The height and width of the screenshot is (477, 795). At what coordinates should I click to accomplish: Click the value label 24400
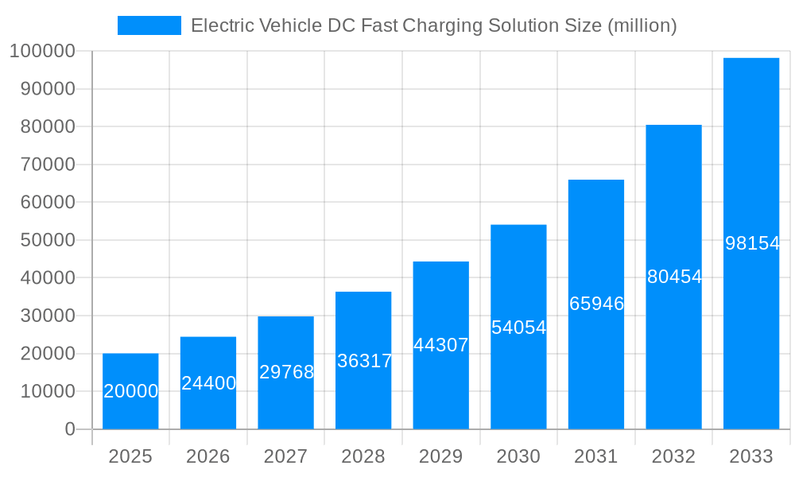(208, 383)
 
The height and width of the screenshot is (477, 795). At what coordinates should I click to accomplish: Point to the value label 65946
(596, 304)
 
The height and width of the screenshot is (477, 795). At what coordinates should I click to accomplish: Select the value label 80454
(674, 277)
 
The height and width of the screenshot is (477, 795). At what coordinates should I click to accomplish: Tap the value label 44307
(441, 345)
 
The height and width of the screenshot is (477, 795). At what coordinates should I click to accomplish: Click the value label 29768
(286, 372)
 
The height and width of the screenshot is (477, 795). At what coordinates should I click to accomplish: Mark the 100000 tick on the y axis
(41, 52)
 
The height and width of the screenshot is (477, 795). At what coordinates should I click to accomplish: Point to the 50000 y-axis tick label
(46, 240)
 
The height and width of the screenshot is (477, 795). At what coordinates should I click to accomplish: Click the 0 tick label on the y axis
(70, 429)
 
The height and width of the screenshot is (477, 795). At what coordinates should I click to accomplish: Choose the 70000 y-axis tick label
(46, 165)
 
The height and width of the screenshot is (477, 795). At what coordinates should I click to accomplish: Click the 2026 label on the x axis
(208, 456)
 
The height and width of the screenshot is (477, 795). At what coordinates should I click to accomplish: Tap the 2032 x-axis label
(673, 456)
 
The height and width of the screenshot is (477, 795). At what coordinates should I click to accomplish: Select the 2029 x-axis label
(440, 456)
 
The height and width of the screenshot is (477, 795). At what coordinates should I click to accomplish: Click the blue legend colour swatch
(149, 25)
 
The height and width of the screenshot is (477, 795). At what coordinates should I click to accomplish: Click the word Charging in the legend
(442, 26)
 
